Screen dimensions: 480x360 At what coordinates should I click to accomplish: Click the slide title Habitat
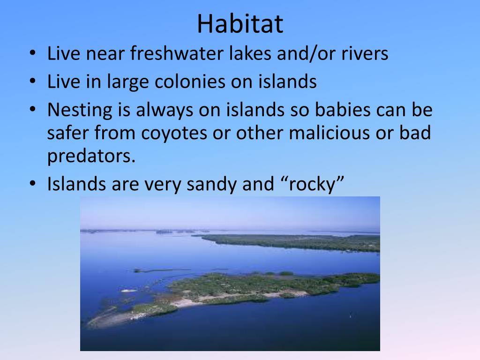[240, 23]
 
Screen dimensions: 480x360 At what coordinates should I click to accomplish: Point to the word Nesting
[80, 110]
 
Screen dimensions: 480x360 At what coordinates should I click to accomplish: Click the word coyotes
[174, 133]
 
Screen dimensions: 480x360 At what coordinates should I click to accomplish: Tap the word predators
[91, 156]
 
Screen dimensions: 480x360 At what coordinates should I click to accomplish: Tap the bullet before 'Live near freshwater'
[33, 52]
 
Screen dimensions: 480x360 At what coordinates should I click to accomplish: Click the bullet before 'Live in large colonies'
[33, 81]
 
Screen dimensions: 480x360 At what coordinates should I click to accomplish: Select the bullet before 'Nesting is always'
[33, 109]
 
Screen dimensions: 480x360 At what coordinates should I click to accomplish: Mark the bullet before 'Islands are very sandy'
[33, 183]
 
